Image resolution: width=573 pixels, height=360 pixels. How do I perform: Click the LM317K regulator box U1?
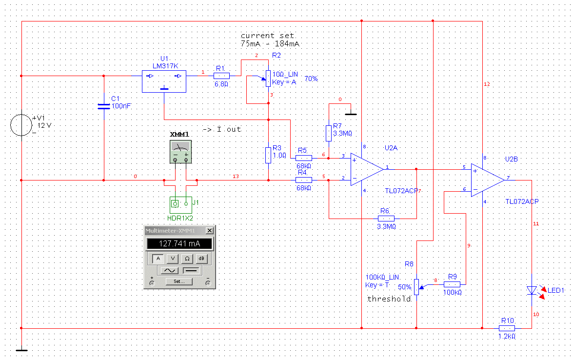tap(164, 81)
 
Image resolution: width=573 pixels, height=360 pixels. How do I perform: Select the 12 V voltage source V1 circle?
tap(21, 125)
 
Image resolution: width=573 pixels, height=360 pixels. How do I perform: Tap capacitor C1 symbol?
tap(104, 106)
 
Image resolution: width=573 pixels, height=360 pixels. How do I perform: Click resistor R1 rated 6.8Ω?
tap(221, 76)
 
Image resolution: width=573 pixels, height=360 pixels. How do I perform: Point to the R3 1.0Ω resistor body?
tap(268, 155)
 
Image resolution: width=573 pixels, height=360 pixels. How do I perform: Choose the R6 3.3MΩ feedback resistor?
tap(386, 219)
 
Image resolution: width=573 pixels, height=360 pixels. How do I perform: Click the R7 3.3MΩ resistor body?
tap(329, 133)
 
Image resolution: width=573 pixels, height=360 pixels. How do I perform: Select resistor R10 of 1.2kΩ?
tap(507, 328)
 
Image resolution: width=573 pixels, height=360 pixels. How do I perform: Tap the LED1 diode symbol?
tap(532, 291)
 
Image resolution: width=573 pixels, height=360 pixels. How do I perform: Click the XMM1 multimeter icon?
tap(180, 152)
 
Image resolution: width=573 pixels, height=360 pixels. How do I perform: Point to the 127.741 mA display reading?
tap(179, 244)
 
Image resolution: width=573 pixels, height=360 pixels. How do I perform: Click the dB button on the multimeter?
tap(201, 259)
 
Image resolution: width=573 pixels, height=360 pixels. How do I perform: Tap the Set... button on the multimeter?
tap(179, 281)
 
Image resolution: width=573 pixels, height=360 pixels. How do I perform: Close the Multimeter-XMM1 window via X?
tap(210, 231)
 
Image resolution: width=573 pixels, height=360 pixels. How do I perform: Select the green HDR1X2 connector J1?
tap(181, 205)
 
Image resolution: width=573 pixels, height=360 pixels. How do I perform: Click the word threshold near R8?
tap(389, 299)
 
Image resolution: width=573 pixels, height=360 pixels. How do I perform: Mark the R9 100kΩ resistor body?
tap(452, 284)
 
